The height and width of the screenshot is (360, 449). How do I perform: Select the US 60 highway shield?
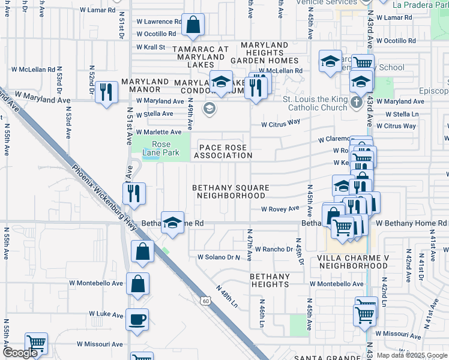click(205, 300)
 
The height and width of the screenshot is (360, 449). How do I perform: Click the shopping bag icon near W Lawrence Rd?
click(193, 25)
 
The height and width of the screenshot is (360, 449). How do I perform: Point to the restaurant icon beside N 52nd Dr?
click(106, 92)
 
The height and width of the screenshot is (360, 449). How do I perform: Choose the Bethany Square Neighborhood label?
click(231, 191)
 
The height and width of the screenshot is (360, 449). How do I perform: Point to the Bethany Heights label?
click(270, 281)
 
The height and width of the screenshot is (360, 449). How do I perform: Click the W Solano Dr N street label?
click(219, 257)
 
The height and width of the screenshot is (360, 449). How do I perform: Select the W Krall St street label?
click(151, 47)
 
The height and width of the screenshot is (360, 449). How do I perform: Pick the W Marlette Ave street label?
click(158, 132)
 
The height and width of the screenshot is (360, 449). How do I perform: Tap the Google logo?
click(20, 353)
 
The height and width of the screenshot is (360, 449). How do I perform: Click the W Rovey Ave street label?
click(280, 209)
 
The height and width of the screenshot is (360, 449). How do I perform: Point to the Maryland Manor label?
click(145, 85)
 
